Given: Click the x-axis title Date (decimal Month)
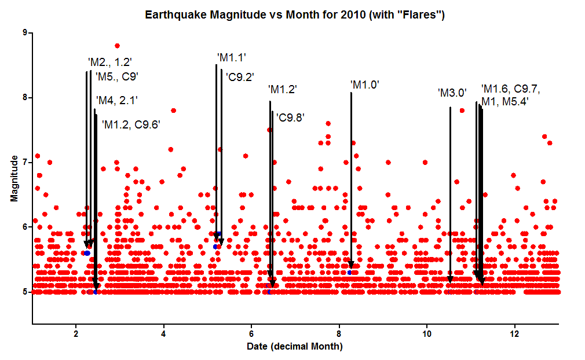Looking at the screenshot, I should point(295,347).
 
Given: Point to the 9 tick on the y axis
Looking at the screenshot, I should point(25,33).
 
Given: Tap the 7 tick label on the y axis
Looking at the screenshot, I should point(25,163).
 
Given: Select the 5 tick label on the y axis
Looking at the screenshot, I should point(25,292).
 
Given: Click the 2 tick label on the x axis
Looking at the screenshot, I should point(76,334).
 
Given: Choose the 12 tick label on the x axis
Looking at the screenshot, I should point(514,334).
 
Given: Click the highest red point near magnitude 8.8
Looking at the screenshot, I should point(117,46).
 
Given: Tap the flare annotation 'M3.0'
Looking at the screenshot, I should point(452,93).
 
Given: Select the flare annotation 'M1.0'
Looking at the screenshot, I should point(365,85).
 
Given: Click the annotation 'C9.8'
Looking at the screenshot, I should point(290,117).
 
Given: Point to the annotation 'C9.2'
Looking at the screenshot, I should point(239,76).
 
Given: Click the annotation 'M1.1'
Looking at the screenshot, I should point(232,57).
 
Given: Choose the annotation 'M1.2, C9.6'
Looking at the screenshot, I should point(130,124).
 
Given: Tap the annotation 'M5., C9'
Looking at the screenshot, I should point(116,76).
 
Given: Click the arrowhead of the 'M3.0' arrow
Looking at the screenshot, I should point(450,280).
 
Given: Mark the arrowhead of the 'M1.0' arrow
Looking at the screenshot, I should point(350,266).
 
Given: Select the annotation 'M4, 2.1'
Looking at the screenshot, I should point(116,100).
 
